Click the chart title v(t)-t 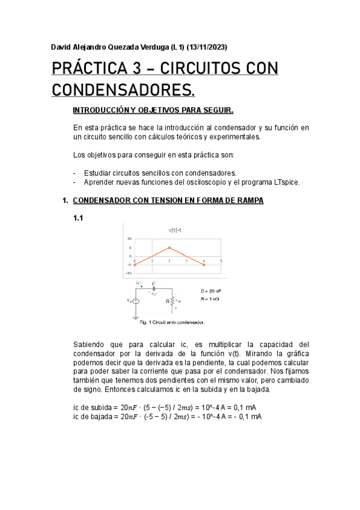pos(175,230)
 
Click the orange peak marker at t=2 pos(169,247)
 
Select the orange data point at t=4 pos(204,264)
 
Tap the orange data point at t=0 pos(135,264)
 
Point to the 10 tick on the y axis pos(129,239)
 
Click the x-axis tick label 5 pos(221,260)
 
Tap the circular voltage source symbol pos(136,301)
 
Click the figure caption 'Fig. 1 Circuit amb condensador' pos(172,322)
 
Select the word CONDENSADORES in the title pos(123,90)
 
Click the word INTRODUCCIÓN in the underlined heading pos(102,111)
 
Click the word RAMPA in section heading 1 pos(247,200)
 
